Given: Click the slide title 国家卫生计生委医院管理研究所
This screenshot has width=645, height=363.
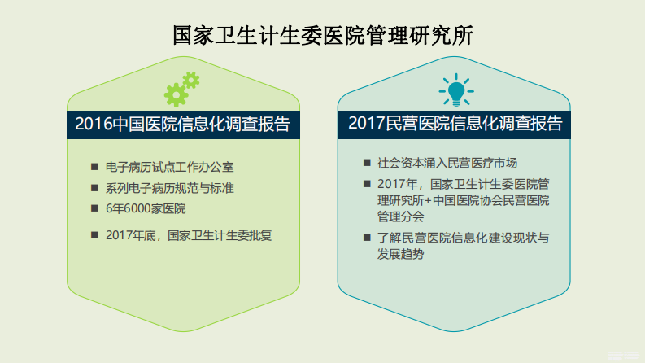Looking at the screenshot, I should click(323, 36).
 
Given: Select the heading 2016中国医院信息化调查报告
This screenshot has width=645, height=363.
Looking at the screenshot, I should click(182, 124).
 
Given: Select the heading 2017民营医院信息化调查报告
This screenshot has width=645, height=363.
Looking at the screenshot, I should click(455, 124).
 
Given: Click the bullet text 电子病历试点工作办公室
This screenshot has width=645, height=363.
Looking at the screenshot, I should click(170, 167).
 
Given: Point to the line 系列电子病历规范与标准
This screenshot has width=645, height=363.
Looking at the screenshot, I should click(170, 188).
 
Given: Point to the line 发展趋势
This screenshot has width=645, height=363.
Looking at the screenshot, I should click(400, 254).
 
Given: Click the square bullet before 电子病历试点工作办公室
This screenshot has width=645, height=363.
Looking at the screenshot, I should click(94, 167).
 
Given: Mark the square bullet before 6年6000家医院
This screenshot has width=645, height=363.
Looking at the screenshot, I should click(94, 209).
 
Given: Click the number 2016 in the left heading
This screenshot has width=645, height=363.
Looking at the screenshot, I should click(91, 124).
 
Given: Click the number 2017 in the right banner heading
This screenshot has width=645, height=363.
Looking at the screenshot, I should click(364, 124).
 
